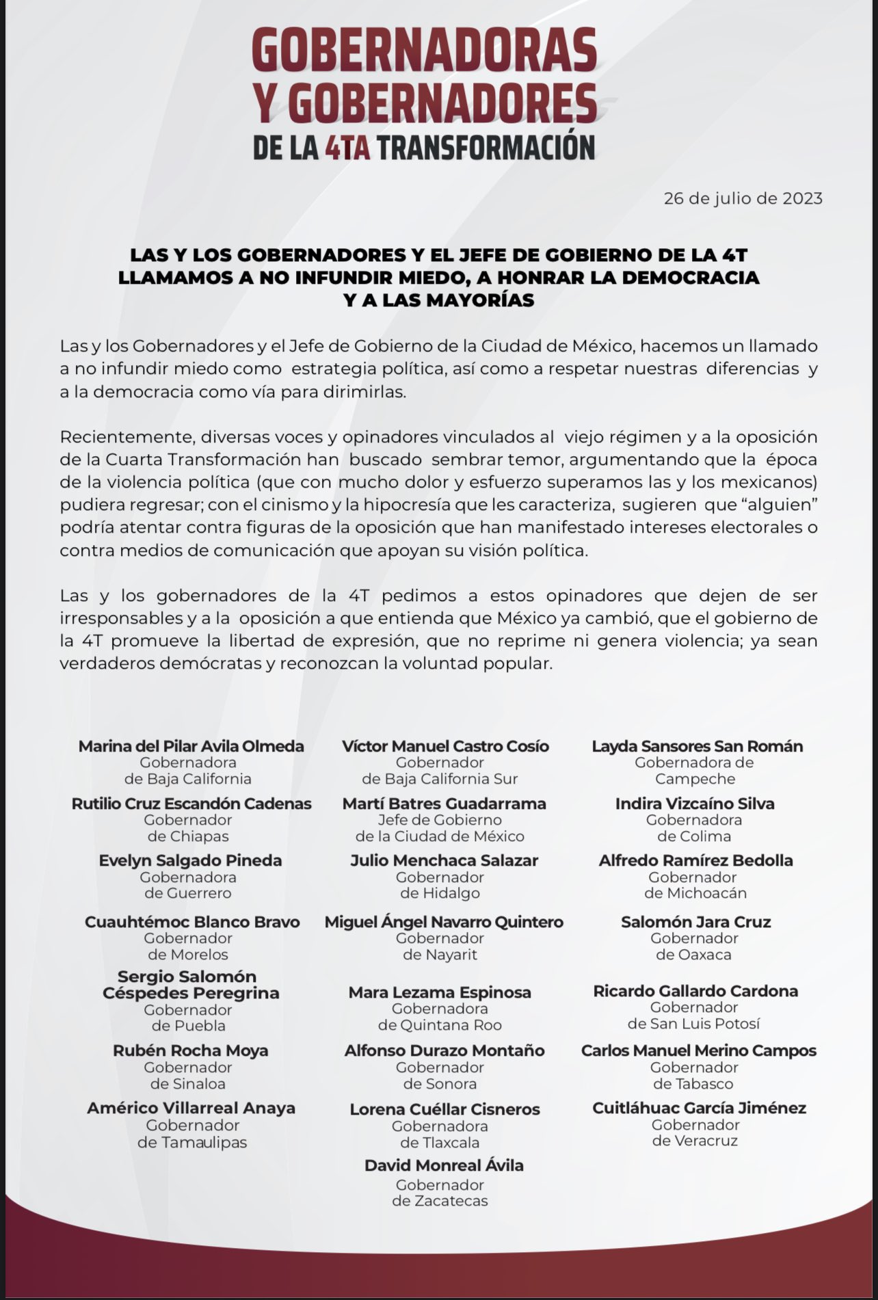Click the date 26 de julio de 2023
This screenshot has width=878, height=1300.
click(743, 199)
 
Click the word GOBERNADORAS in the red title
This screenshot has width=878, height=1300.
click(424, 51)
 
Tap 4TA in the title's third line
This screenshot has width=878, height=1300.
click(347, 148)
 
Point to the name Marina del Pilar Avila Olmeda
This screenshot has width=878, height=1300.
click(191, 746)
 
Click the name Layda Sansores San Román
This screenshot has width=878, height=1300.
click(697, 746)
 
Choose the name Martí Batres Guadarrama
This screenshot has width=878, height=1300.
click(444, 804)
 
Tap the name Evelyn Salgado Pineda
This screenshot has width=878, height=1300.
click(190, 860)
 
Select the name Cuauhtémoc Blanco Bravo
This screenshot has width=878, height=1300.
click(192, 922)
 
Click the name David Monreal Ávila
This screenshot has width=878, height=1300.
click(444, 1165)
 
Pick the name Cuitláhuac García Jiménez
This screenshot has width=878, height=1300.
click(699, 1108)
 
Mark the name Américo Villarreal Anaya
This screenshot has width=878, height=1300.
click(191, 1108)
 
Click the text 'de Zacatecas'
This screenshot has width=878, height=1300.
click(440, 1201)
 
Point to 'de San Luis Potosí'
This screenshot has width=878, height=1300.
click(693, 1024)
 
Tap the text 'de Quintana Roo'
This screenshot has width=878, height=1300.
click(440, 1025)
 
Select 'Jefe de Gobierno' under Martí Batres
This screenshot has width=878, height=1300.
click(440, 820)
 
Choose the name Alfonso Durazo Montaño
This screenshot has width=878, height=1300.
click(444, 1050)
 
